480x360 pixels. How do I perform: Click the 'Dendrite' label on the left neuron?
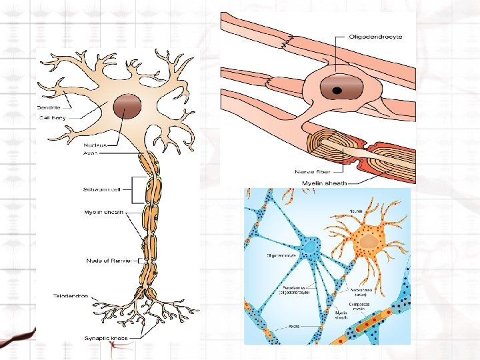pos(49,107)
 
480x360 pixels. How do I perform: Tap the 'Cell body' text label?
pos(51,118)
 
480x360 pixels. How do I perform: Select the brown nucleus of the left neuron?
pos(127,107)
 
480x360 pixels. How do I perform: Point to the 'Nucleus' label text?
pos(94,144)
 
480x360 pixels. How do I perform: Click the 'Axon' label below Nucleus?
pos(91,153)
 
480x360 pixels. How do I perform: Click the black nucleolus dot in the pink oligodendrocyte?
pos(338,90)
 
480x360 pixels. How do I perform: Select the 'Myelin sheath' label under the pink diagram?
pos(325,183)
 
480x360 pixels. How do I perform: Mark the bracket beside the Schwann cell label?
pos(136,190)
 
